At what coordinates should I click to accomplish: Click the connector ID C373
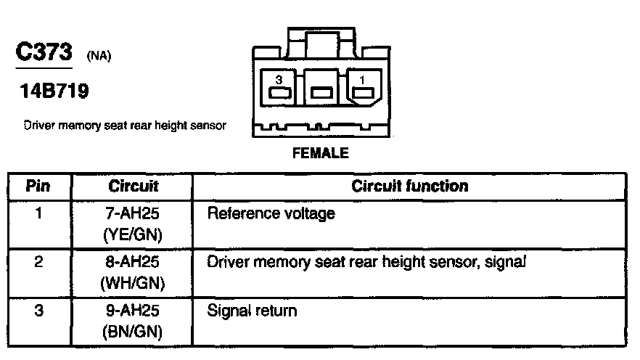(42, 53)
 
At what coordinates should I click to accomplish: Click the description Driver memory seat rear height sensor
(125, 126)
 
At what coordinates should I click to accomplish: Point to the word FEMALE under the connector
(320, 153)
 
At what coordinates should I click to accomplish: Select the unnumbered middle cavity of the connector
(321, 92)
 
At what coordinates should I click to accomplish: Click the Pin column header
(38, 187)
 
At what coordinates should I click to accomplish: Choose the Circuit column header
(134, 187)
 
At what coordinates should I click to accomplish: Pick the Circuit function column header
(410, 186)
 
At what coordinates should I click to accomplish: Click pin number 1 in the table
(38, 214)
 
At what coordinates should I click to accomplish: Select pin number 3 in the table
(38, 311)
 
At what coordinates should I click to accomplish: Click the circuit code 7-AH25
(134, 215)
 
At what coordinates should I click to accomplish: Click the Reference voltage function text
(271, 215)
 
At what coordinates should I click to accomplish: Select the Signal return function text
(252, 311)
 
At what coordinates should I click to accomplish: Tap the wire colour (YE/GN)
(134, 234)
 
